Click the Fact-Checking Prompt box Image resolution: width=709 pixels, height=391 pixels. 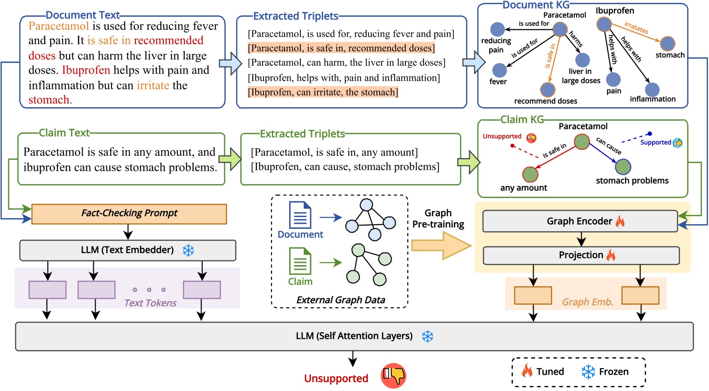[129, 213]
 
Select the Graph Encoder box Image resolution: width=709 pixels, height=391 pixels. [580, 221]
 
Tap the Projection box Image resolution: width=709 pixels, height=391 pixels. [581, 255]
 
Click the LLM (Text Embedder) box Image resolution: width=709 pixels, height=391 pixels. [127, 250]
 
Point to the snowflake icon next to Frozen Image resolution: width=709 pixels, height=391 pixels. [588, 371]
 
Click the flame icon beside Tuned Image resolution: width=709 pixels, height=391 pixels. [527, 371]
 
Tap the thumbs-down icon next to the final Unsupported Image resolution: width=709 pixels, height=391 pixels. [393, 376]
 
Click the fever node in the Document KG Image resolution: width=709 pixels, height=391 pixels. [499, 70]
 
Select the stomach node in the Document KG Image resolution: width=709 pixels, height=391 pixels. [667, 43]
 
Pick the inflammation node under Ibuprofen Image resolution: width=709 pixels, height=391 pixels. [652, 89]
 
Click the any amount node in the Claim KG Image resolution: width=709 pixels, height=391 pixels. [530, 174]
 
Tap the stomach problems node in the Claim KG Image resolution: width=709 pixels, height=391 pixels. [623, 166]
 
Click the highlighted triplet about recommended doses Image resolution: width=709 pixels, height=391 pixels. [341, 48]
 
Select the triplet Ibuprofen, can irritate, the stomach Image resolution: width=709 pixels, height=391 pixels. [323, 92]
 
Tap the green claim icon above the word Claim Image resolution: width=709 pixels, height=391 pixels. [300, 261]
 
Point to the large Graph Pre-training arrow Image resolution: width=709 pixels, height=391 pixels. [441, 245]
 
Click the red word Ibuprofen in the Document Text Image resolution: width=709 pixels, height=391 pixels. [86, 70]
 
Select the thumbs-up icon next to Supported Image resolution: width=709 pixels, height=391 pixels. [678, 143]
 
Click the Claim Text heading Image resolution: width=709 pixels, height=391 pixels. [64, 133]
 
